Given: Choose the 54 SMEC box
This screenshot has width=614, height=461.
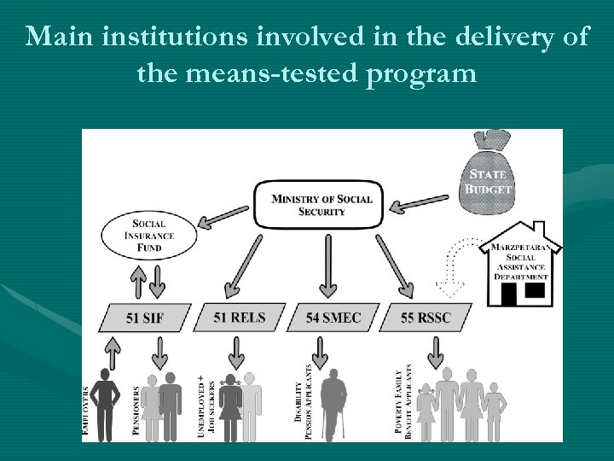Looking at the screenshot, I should click(x=333, y=318).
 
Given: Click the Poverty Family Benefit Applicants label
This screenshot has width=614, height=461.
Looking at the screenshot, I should click(x=405, y=401).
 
